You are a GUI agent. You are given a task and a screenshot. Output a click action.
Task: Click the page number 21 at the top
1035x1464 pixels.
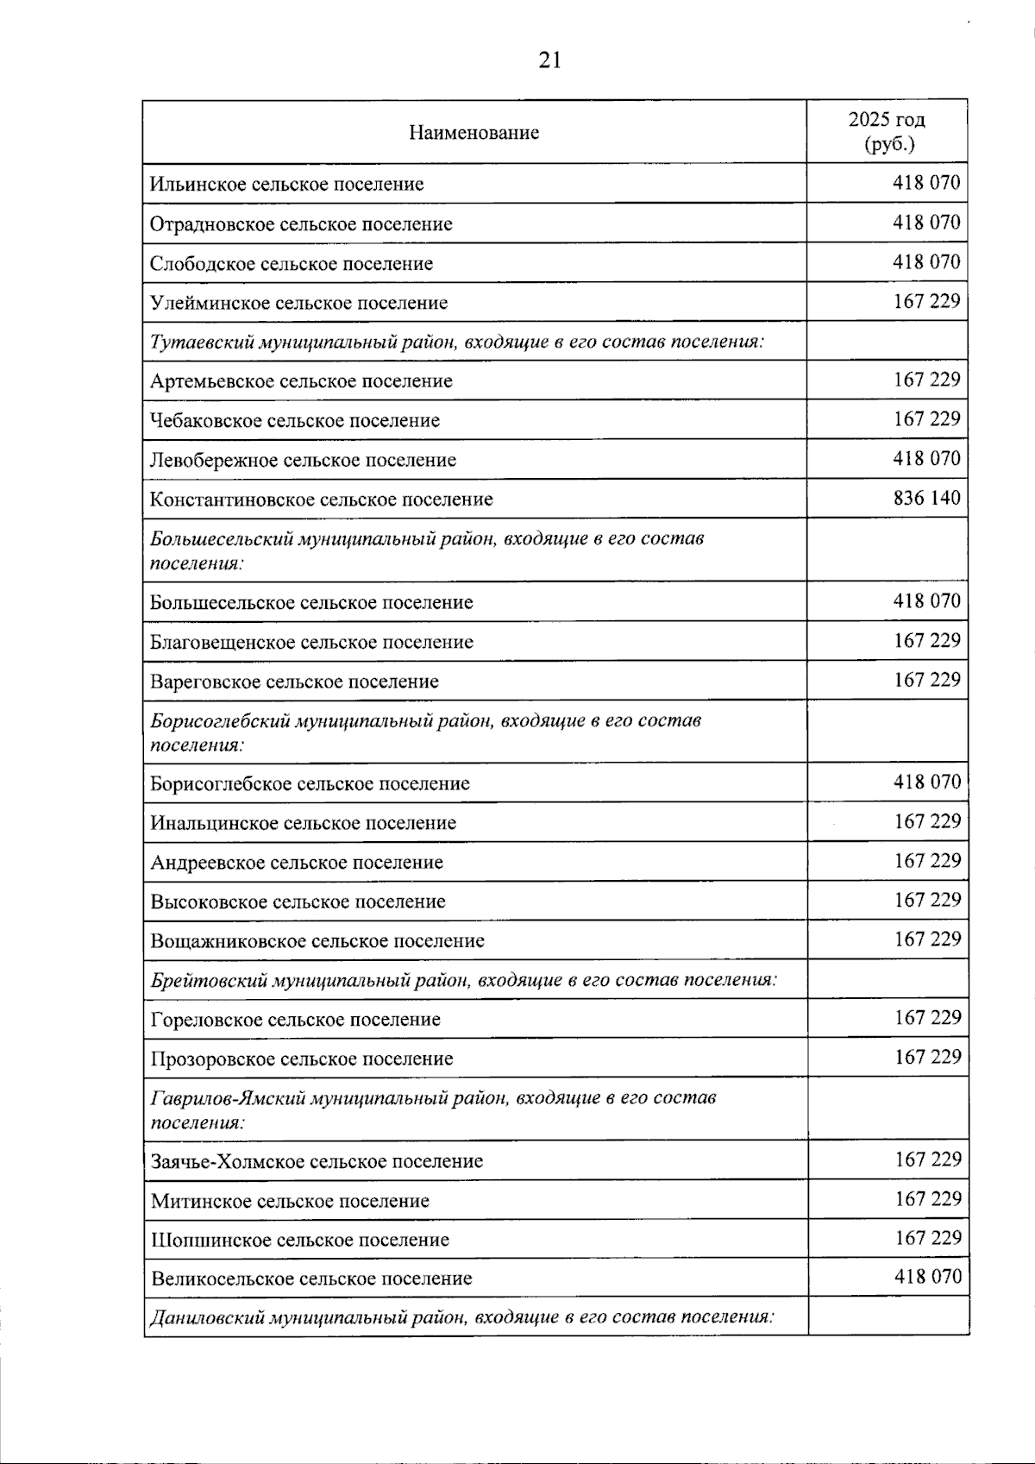[x=549, y=60]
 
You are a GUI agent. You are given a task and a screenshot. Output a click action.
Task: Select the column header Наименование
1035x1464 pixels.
[x=474, y=133]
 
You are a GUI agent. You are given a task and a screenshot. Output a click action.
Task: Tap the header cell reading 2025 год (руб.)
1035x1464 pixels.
[x=887, y=132]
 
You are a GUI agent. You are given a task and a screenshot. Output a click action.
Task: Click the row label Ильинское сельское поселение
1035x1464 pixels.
[x=286, y=185]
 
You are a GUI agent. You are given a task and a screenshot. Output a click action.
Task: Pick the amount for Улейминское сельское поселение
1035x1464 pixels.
[x=926, y=302]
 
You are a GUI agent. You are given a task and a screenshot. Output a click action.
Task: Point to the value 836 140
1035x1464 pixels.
[x=926, y=499]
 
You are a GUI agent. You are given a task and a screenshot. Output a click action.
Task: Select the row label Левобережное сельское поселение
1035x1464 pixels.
[x=303, y=460]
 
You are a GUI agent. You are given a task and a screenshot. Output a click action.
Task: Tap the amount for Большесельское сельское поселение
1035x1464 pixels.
[x=926, y=601]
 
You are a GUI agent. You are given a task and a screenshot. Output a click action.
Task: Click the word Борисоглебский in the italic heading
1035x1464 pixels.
[x=220, y=719]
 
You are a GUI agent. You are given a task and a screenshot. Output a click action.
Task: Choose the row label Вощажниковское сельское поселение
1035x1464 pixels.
[x=317, y=941]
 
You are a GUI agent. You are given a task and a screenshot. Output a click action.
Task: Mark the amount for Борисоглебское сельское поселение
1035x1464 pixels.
[x=926, y=782]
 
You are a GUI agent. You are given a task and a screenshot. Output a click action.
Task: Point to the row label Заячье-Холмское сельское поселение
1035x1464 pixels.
[x=317, y=1162]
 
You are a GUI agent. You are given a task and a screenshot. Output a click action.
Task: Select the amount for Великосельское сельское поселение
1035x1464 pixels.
[x=927, y=1277]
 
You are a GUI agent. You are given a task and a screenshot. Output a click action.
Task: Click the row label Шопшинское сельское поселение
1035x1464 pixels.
[x=300, y=1241]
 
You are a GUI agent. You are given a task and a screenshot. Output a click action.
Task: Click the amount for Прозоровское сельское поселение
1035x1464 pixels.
[x=927, y=1058]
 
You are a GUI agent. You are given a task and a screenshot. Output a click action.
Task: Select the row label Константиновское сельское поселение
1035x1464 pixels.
[x=322, y=500]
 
